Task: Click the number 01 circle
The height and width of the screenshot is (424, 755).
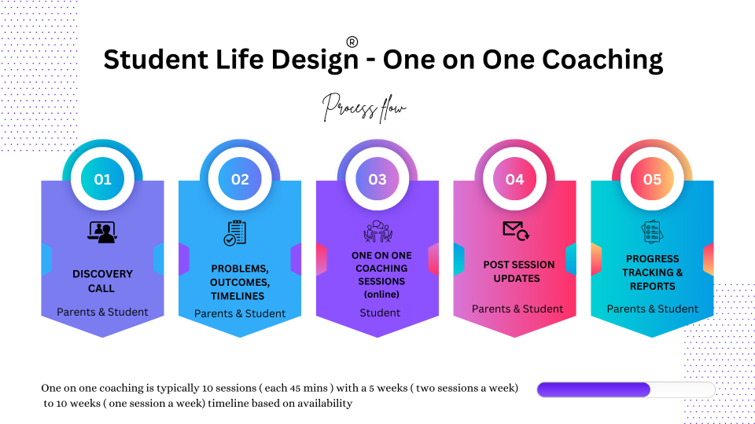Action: [x=102, y=179]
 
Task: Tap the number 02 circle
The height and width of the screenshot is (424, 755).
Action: [x=240, y=179]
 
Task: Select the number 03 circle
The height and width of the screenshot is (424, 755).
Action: [x=377, y=179]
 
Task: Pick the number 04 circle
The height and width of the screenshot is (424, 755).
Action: [x=514, y=179]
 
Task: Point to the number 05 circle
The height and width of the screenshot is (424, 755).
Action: [x=653, y=179]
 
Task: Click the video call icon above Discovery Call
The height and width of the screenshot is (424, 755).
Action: [x=102, y=232]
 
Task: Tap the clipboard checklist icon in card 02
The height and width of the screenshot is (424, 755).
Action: [x=235, y=232]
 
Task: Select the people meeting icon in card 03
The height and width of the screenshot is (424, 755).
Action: [x=378, y=231]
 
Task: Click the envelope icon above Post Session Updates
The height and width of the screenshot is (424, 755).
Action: [x=516, y=231]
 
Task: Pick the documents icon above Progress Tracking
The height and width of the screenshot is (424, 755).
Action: [x=653, y=232]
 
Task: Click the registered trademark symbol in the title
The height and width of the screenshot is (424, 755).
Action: [x=352, y=42]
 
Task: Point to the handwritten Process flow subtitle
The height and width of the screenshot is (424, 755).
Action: [x=364, y=108]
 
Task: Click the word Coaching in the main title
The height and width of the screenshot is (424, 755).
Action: [x=602, y=60]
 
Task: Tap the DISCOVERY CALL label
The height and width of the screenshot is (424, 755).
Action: [x=102, y=281]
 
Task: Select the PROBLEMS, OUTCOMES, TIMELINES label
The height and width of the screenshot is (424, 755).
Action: [x=240, y=282]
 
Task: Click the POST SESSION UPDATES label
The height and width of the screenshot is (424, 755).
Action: [x=518, y=272]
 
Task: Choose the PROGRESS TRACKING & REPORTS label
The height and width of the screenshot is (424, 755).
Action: [x=653, y=272]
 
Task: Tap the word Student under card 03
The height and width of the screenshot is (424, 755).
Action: [x=380, y=313]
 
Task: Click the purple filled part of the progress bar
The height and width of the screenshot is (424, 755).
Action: [x=594, y=390]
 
